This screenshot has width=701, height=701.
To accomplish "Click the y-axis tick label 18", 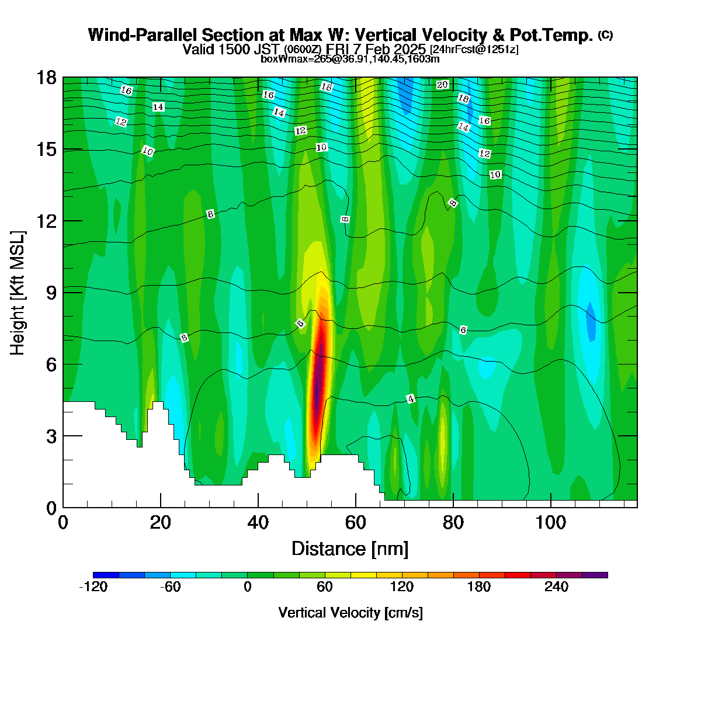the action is click(47, 78).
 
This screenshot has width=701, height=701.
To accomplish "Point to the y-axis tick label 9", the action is click(51, 293).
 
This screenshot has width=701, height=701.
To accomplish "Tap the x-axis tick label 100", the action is click(550, 523).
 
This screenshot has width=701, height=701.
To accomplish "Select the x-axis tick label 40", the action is click(258, 523).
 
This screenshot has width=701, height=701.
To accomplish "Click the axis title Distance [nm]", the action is click(350, 549).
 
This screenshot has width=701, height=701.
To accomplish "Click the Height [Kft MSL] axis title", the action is click(18, 293).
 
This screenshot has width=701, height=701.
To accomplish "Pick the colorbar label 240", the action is click(556, 587).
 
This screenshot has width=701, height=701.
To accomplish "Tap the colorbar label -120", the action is click(93, 587).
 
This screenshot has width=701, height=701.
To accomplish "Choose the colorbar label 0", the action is click(247, 587).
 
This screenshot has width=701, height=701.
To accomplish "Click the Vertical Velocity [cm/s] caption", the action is click(350, 613).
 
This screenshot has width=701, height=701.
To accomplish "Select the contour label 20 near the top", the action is click(442, 85).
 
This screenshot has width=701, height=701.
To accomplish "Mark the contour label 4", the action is click(411, 399).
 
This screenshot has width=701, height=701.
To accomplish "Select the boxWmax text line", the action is click(350, 59).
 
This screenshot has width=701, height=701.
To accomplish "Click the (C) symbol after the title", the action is click(605, 35).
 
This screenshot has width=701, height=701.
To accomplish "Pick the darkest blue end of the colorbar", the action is click(106, 575).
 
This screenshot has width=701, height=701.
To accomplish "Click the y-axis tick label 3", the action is click(51, 436).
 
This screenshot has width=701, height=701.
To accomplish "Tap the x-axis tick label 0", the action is click(63, 523).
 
